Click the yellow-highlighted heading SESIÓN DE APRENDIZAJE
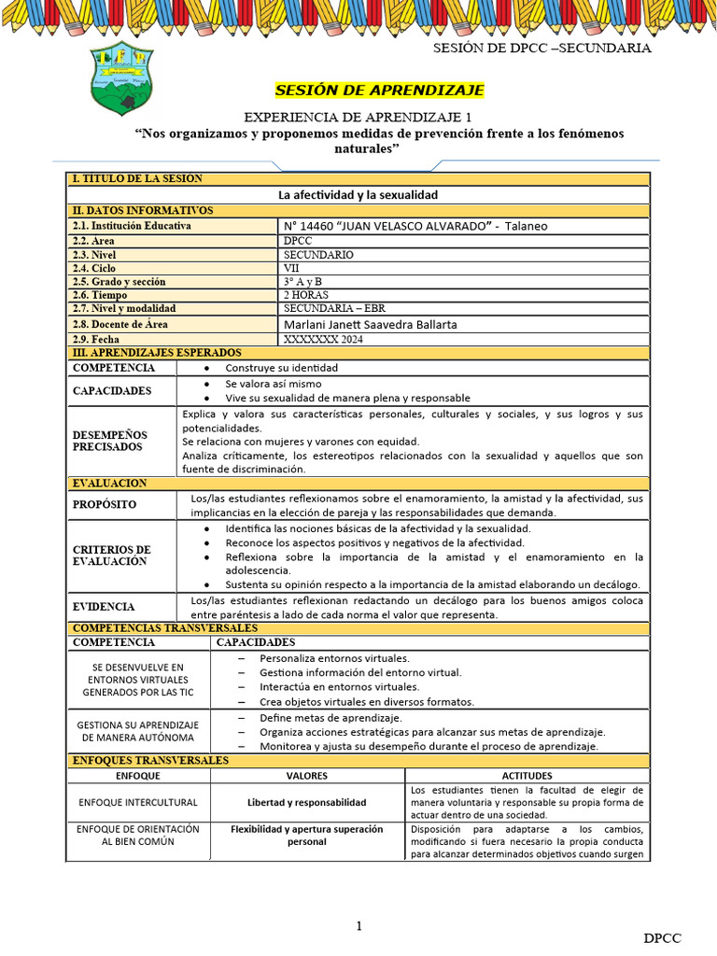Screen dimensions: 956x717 point(379,91)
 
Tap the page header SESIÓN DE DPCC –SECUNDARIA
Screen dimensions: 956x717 point(542,49)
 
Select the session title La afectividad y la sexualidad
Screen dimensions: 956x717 point(358,195)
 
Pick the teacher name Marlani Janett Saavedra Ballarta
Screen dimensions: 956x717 point(370,324)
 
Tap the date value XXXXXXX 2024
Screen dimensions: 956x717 point(323,339)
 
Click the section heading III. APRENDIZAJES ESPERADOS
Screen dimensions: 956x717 point(156,353)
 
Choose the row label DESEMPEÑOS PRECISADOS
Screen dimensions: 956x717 point(110,441)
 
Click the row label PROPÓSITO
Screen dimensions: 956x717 point(105,504)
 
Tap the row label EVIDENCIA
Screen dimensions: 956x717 point(104,607)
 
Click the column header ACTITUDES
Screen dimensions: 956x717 point(527,776)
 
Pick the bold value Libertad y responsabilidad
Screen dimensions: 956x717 point(306,802)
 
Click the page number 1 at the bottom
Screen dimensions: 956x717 point(358,926)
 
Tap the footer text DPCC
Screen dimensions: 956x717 point(662,937)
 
